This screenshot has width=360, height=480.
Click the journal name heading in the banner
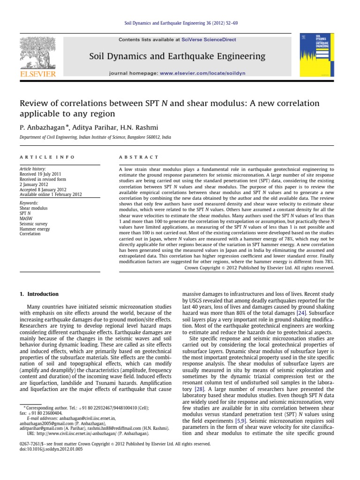pos(177,57)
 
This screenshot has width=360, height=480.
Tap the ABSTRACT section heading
pos(134,157)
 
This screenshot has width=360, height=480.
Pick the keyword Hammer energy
pos(34,228)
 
